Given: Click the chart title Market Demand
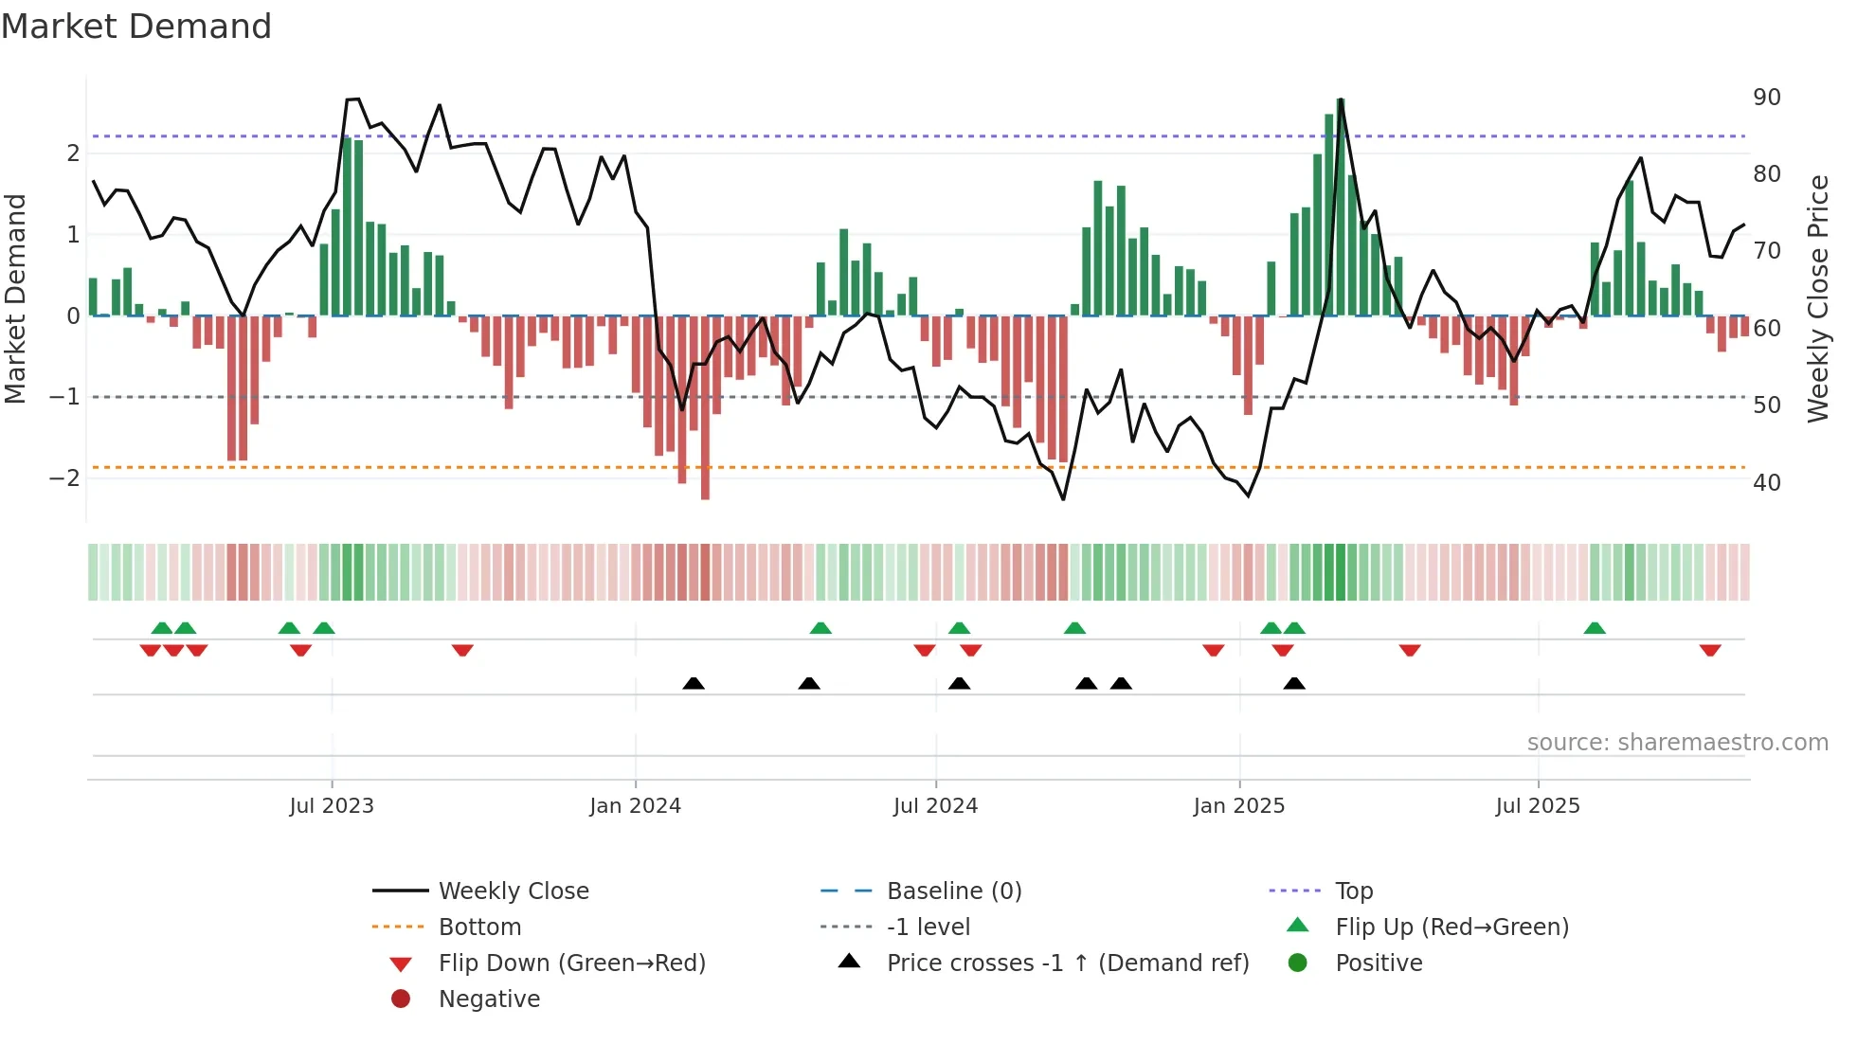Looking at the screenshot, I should click(x=136, y=27).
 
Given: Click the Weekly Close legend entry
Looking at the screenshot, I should click(x=513, y=891).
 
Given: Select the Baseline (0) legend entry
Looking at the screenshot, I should click(x=953, y=891).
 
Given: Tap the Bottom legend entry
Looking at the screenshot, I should click(x=479, y=927).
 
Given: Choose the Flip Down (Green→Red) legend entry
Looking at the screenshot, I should click(x=571, y=963).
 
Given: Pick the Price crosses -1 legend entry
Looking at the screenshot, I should click(x=1067, y=963).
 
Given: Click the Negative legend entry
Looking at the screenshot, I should click(x=489, y=999).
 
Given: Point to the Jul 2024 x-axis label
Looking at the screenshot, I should click(x=935, y=806).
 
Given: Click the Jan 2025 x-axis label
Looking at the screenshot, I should click(x=1238, y=806).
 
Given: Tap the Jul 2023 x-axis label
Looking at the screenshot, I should click(x=332, y=806).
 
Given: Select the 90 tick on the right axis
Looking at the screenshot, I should click(x=1766, y=98).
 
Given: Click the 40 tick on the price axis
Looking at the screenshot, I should click(x=1766, y=483).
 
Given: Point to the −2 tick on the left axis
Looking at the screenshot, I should click(x=64, y=477).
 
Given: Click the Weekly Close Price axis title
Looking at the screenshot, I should click(x=1817, y=298).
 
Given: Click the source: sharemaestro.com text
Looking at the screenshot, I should click(x=1677, y=743).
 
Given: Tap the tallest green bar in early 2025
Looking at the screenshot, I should click(x=1341, y=208).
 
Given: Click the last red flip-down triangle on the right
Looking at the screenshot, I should click(x=1710, y=650).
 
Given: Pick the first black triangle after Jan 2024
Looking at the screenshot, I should click(x=694, y=683).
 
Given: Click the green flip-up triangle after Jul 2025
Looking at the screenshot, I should click(x=1595, y=628).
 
